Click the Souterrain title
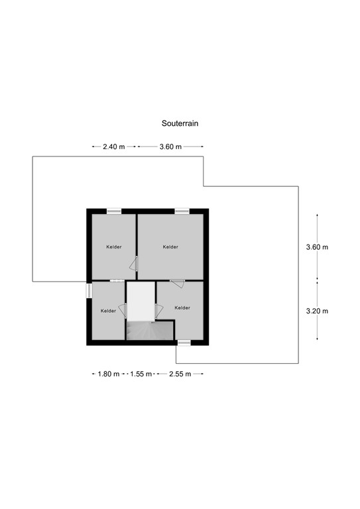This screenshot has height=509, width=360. (180, 123)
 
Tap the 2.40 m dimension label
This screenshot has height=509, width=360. (114, 147)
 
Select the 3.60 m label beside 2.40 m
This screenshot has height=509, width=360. (170, 147)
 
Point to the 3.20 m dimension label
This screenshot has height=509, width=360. (317, 311)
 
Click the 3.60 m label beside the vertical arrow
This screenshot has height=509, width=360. (317, 247)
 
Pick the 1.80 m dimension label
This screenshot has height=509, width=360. (108, 374)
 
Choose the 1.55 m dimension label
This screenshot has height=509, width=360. (140, 374)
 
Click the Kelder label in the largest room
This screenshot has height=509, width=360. (170, 247)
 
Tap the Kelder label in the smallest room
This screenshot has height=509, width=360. (108, 311)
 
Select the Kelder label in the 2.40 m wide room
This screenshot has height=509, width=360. (113, 247)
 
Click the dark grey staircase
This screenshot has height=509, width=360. (149, 329)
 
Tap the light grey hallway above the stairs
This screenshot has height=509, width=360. (140, 302)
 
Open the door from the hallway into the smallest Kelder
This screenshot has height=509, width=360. (122, 310)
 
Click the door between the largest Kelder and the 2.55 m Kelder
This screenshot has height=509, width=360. (177, 283)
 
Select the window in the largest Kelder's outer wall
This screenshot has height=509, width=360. (182, 211)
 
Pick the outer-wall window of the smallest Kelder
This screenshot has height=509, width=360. (88, 290)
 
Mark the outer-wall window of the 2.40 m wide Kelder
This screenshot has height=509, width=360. (114, 211)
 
